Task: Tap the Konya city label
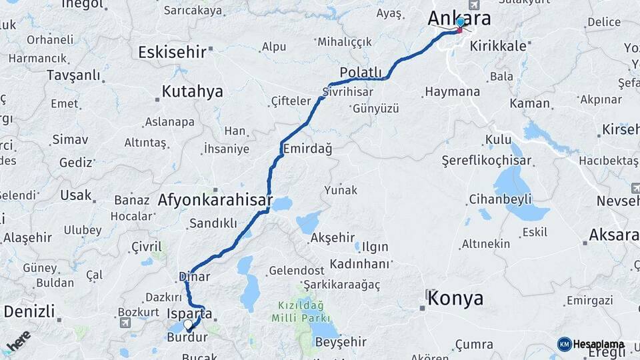455,298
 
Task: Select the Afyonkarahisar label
215,199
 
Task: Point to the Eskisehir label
171,52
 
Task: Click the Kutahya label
193,92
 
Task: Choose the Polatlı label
361,73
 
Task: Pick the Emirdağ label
307,148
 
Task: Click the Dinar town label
194,276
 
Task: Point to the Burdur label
187,338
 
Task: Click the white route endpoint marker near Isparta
189,325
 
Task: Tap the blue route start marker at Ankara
460,22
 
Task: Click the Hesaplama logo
591,344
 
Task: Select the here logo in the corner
19,341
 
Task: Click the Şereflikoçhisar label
487,161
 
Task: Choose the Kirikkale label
498,46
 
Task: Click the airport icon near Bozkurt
125,323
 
